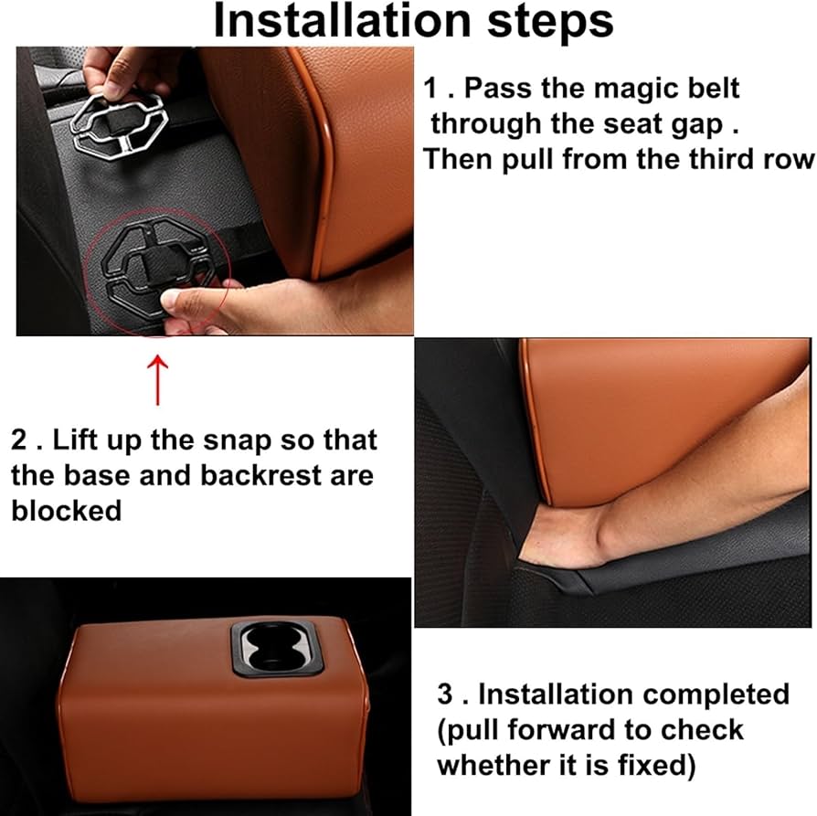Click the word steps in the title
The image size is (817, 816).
(550, 23)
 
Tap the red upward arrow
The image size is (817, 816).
(157, 380)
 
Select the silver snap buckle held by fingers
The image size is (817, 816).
(119, 124)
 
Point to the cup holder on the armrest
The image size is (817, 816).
(276, 648)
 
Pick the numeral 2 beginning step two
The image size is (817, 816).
(18, 440)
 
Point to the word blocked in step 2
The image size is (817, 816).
(66, 511)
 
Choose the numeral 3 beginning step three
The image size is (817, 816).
(445, 694)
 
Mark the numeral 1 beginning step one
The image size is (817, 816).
(430, 88)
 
